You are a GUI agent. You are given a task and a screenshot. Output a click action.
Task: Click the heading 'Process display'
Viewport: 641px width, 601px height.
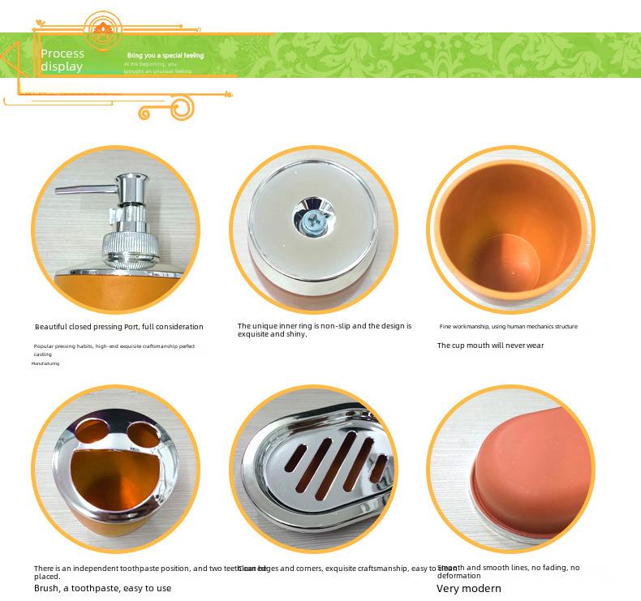(62, 60)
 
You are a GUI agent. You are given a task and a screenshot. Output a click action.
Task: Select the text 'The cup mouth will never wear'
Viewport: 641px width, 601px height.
(490, 346)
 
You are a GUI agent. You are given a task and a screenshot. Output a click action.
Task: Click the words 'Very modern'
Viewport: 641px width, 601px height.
(468, 589)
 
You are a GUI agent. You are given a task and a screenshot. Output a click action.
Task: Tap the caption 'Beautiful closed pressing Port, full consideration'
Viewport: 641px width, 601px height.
(118, 327)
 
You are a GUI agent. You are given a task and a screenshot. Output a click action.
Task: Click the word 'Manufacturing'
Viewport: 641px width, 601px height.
(45, 363)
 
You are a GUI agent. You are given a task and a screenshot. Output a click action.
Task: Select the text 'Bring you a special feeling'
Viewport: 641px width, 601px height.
(166, 55)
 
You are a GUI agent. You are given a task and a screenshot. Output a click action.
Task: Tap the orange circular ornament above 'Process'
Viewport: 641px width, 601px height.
(101, 30)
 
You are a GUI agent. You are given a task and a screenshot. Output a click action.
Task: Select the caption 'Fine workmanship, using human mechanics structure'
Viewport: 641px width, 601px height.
(508, 327)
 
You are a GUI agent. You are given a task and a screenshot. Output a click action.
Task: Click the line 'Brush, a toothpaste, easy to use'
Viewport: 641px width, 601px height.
(102, 588)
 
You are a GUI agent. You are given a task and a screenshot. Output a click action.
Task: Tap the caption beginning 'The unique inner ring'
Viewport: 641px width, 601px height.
(324, 330)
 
